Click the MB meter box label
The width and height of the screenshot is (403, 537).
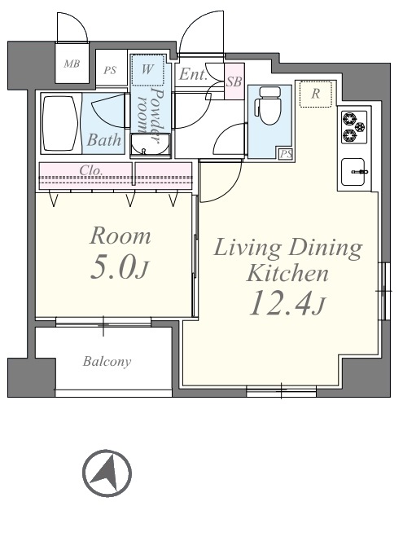72,64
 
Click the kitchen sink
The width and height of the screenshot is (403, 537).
354,172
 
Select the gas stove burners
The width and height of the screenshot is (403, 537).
354,127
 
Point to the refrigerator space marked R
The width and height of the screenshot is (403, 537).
315,94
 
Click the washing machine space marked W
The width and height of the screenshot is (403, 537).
147,70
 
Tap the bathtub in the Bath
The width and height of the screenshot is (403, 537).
60,124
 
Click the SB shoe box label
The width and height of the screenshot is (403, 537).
234,81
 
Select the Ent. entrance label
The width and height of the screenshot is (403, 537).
194,74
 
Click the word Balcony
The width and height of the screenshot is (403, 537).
107,362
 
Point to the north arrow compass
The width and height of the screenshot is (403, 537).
107,473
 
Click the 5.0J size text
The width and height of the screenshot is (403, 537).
120,268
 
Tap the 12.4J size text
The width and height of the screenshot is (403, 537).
287,304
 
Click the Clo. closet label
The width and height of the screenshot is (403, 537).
90,170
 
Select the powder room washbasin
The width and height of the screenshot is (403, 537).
150,146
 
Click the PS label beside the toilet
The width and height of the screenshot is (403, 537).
286,154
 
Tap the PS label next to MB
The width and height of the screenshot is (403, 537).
110,71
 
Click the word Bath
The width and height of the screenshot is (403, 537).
104,139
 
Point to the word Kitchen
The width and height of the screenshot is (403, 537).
287,274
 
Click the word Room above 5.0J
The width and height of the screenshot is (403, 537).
120,236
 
